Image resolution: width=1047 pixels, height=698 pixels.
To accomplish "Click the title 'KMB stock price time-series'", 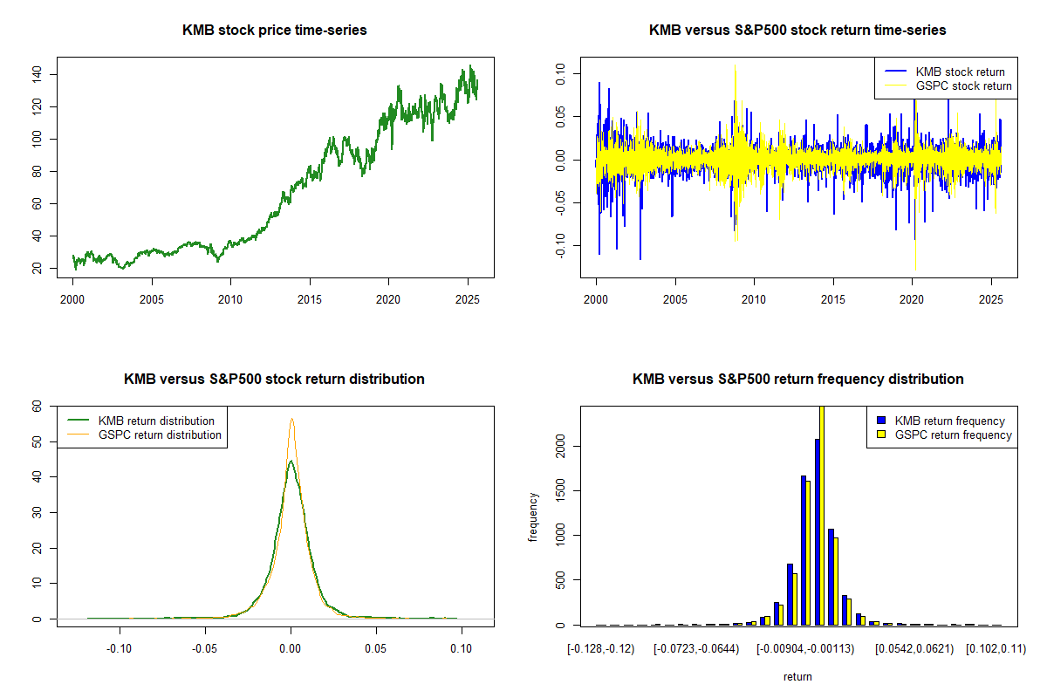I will coord(274,31).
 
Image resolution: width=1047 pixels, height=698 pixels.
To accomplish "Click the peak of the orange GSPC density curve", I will coord(292,420).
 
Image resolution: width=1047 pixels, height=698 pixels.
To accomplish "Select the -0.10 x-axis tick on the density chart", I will coord(120,649).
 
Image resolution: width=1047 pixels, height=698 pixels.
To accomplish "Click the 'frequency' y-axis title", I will coord(533,517).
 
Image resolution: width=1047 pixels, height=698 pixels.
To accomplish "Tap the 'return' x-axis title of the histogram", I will coord(797,676).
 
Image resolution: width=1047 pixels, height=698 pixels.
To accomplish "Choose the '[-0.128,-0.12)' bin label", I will coord(601,649).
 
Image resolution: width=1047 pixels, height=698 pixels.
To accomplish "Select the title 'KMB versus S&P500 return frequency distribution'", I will coord(797,380).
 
